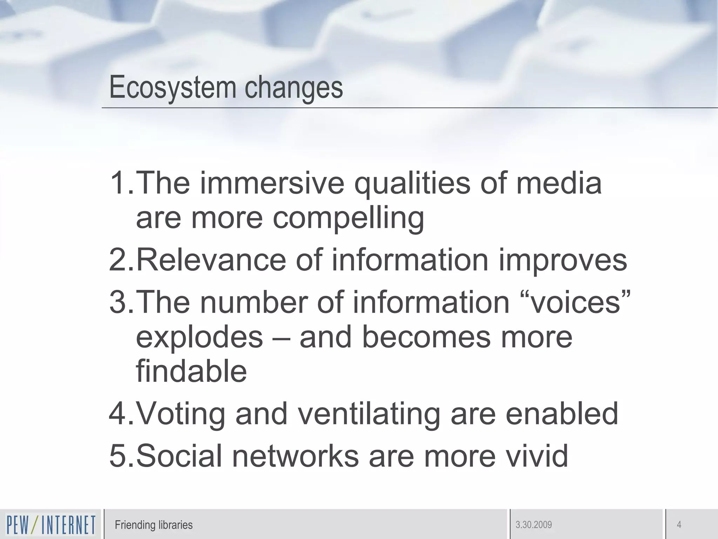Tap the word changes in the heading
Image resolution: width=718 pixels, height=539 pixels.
(293, 88)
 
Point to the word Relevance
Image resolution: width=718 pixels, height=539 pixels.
(211, 260)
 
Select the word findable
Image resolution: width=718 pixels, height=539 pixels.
(191, 371)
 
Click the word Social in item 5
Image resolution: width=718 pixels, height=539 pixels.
(179, 456)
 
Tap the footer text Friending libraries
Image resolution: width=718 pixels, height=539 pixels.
(154, 525)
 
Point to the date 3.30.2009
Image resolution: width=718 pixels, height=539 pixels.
(534, 525)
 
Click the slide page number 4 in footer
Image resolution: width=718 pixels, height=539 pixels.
(679, 525)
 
